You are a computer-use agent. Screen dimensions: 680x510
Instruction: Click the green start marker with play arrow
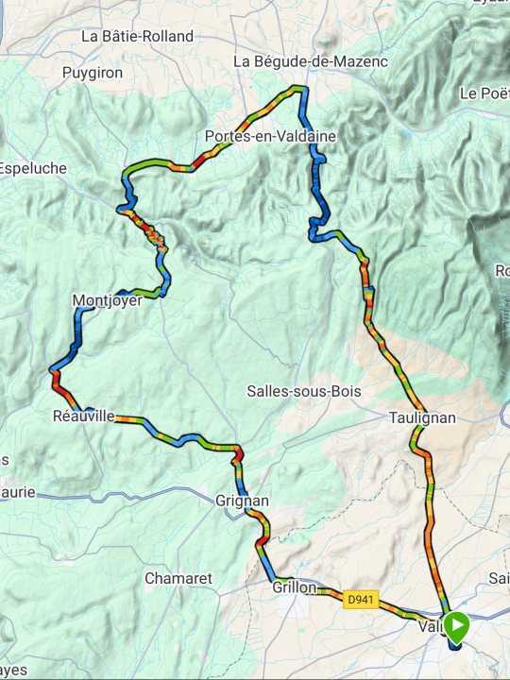point(456,626)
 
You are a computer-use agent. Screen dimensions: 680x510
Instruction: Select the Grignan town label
point(243,501)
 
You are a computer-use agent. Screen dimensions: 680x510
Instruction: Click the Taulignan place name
point(422,417)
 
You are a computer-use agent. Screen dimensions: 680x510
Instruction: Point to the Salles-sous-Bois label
point(304,390)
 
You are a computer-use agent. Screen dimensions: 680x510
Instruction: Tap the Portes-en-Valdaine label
point(270,137)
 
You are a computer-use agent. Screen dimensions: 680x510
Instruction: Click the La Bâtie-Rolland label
point(138,37)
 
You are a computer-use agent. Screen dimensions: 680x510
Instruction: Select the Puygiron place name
point(93,73)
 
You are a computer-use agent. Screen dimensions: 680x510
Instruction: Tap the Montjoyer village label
point(107,301)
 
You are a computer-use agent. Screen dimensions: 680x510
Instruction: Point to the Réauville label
point(84,416)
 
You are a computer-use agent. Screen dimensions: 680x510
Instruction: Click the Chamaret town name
point(178,578)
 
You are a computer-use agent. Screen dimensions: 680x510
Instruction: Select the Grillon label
point(295,587)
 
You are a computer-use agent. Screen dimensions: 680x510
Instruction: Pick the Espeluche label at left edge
point(33,168)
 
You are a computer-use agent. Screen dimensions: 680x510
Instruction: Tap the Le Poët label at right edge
point(484,93)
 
